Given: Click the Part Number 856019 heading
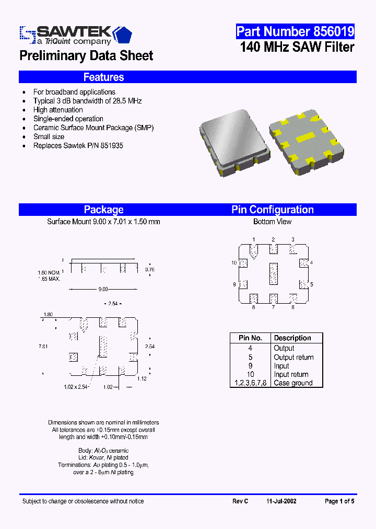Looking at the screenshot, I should point(295,31).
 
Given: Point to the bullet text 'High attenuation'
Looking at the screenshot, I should point(58,110).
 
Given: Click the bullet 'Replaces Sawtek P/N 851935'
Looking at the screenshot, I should point(78,145).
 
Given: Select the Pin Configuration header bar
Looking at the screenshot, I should point(272,210).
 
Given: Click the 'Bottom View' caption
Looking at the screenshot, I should point(272,222).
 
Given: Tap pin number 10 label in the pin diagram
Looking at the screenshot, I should point(234,262).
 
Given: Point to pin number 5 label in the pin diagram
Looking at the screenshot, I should point(311,284).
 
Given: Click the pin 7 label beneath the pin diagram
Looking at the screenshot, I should point(273,307).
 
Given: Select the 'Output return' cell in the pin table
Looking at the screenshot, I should point(293,357).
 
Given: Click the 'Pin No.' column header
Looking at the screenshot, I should point(250,338).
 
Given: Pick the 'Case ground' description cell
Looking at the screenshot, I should point(293,383).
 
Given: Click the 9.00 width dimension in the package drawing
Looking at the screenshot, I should point(103,289).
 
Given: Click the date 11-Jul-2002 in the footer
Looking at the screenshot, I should point(281,501).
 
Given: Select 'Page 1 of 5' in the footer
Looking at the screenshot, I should point(339,501).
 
